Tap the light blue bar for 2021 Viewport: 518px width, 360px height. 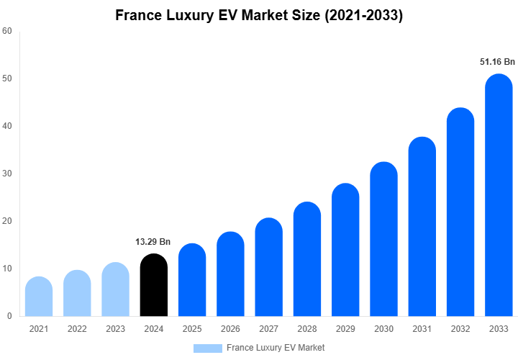(38, 297)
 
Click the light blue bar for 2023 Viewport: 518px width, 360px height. (115, 289)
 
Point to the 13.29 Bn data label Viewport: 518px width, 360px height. (153, 242)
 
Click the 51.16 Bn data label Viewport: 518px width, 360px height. (498, 62)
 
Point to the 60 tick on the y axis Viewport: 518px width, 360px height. (7, 31)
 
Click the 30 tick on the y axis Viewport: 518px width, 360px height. (7, 174)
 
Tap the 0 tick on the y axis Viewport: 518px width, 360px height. (9, 316)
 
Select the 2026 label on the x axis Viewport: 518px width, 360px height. (230, 329)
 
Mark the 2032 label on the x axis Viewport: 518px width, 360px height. (460, 329)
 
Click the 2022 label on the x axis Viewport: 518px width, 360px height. (77, 329)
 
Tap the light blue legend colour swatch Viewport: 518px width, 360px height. (207, 348)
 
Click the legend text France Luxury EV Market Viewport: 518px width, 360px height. (276, 348)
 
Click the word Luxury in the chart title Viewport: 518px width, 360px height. (188, 15)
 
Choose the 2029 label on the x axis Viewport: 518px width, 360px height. (345, 329)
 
